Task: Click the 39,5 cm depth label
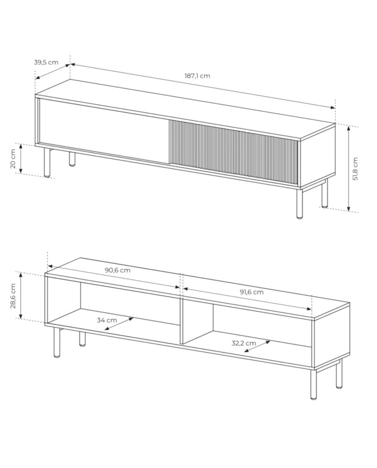coord(46,62)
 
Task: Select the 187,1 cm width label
coord(197,76)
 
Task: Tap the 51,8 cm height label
coord(355,169)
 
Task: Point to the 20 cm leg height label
coord(13,158)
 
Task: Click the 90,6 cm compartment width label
coord(117,270)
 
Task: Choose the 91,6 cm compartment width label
coord(252,292)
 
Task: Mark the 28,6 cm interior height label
coord(13,296)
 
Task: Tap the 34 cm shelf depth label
coord(107,320)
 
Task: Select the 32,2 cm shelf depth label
coord(244,343)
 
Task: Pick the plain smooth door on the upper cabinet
coord(104,131)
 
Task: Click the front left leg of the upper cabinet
coord(47,163)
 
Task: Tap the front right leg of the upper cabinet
coord(299,203)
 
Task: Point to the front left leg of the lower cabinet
coord(57,342)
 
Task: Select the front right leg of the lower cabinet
coord(313,385)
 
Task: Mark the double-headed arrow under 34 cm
coord(119,324)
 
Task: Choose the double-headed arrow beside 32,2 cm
coord(257,346)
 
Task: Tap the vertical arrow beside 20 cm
coord(21,158)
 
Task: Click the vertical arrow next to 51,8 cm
coord(348,169)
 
